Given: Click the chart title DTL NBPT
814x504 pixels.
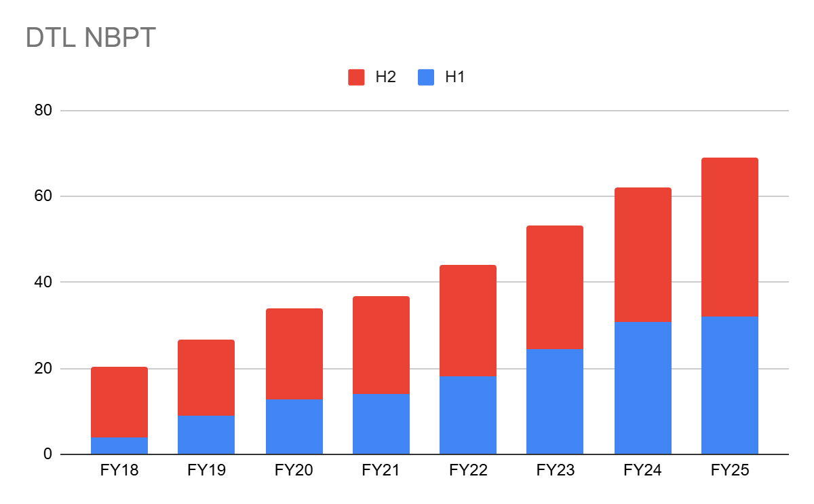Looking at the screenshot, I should [91, 39].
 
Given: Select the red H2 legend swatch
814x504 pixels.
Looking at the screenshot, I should [357, 77].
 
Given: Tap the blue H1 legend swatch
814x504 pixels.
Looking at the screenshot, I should [426, 77].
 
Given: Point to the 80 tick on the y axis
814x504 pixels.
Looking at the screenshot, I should [43, 111].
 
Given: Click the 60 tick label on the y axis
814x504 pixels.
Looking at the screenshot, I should [43, 196].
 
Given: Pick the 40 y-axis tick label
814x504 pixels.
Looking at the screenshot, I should [43, 282].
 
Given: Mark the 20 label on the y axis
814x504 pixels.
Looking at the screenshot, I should [43, 369].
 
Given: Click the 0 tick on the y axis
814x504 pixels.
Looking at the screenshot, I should [47, 454].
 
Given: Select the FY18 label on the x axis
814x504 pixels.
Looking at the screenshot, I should [119, 470].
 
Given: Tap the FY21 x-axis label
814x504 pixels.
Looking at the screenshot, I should [381, 470].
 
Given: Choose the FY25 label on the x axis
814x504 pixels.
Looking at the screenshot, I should [730, 470].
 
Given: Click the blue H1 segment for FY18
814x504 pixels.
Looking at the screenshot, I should [119, 446].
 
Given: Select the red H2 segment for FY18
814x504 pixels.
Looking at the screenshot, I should [119, 402].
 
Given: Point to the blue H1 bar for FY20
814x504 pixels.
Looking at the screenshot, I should [294, 427].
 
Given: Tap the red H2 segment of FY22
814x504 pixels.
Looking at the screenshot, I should [468, 321].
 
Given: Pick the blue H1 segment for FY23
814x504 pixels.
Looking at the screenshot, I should [555, 401].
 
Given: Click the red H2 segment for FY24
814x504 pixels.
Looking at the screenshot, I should [643, 255].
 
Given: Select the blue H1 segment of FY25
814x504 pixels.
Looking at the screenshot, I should [730, 385].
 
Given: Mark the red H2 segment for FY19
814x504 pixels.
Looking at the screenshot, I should [206, 378].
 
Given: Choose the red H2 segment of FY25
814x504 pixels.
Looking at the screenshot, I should [730, 237].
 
